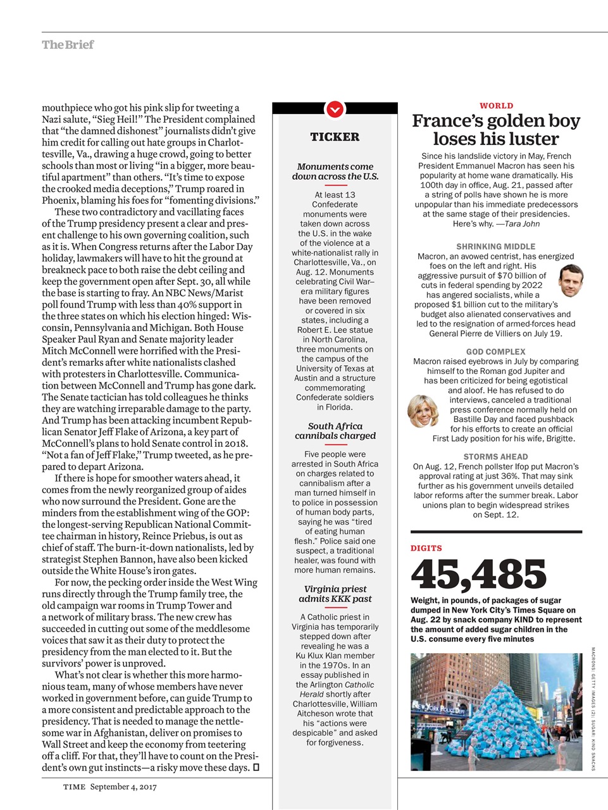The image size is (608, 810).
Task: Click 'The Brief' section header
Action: [68, 45]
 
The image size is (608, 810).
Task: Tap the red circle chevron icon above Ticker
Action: [335, 109]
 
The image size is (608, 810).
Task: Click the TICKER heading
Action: [335, 137]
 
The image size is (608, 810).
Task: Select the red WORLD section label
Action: [496, 106]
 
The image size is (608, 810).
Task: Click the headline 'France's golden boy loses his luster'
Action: [496, 130]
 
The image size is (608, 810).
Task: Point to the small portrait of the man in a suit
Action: [571, 281]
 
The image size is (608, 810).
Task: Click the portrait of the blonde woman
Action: [423, 411]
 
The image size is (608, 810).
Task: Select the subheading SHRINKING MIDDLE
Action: [496, 246]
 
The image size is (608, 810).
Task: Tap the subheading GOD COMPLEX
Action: [496, 351]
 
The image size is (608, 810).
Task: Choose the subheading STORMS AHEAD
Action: [496, 456]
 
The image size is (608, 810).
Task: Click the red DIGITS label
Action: [426, 548]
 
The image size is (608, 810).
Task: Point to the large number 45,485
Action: [478, 574]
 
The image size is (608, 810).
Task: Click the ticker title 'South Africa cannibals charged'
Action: [335, 431]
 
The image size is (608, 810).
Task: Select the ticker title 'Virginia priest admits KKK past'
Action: [335, 594]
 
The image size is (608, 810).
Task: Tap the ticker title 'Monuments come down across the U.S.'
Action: [335, 171]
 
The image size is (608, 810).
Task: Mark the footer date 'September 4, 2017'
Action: [123, 787]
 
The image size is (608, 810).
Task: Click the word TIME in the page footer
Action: [74, 787]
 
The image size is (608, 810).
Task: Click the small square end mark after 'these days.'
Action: [256, 768]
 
